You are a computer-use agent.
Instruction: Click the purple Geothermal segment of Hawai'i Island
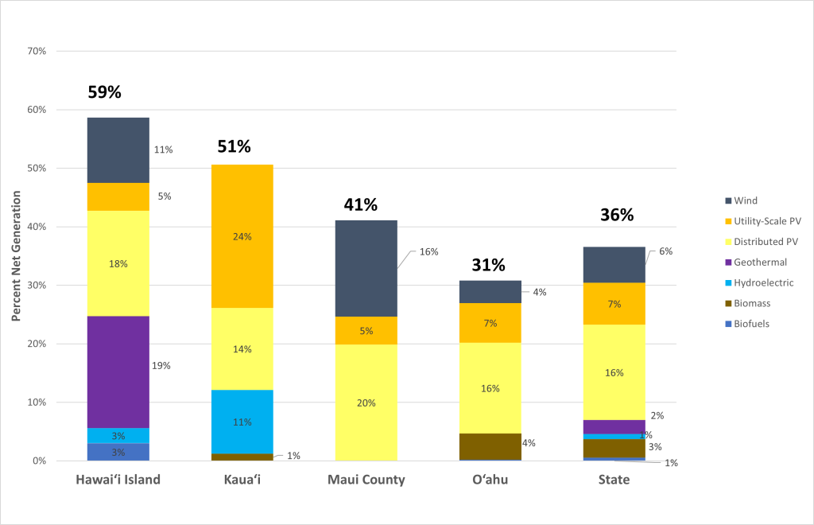[x=118, y=371]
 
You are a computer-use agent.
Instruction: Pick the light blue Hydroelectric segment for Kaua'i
[x=242, y=422]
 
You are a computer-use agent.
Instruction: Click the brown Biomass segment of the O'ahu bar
[x=490, y=446]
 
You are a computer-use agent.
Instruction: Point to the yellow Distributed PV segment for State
[x=614, y=371]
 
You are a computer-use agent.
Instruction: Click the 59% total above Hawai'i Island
[x=104, y=92]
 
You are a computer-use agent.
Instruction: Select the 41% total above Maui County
[x=360, y=204]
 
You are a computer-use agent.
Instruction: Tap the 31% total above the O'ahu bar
[x=488, y=265]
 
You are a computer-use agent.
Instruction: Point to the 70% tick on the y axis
[x=37, y=51]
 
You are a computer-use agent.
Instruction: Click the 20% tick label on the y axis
[x=37, y=344]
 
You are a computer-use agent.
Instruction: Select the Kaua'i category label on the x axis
[x=242, y=480]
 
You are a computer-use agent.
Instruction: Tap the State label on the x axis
[x=614, y=480]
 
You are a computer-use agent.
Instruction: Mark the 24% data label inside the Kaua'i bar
[x=242, y=236]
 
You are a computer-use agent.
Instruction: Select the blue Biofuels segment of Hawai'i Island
[x=118, y=452]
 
